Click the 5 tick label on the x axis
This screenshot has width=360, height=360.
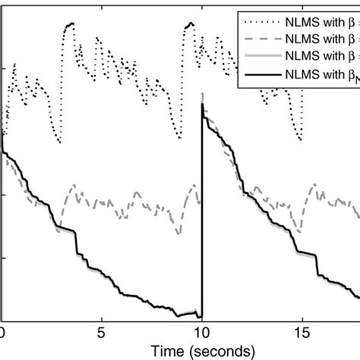pyautogui.click(x=101, y=332)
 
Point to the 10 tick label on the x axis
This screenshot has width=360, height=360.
pyautogui.click(x=201, y=332)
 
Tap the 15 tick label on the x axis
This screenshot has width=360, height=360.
pyautogui.click(x=302, y=332)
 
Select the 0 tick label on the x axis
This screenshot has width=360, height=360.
pyautogui.click(x=3, y=332)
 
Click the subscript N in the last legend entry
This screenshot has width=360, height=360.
pyautogui.click(x=355, y=80)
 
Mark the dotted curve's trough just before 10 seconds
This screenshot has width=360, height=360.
pyautogui.click(x=179, y=139)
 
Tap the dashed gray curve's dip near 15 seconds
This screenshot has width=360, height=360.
pyautogui.click(x=300, y=229)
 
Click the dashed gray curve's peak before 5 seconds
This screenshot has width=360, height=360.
pyautogui.click(x=73, y=185)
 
